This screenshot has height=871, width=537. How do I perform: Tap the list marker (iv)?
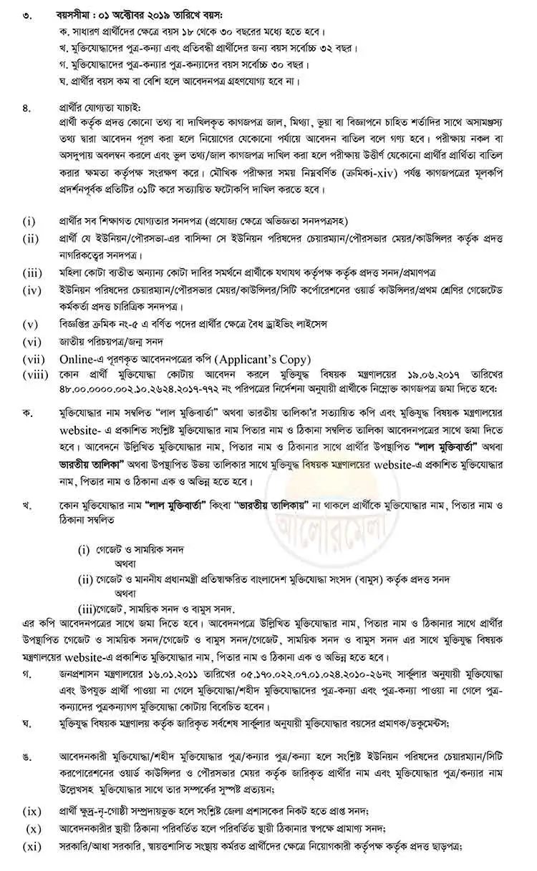click(31, 291)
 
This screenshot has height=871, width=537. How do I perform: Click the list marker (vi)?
click(31, 341)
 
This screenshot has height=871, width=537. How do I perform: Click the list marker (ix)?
click(31, 811)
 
